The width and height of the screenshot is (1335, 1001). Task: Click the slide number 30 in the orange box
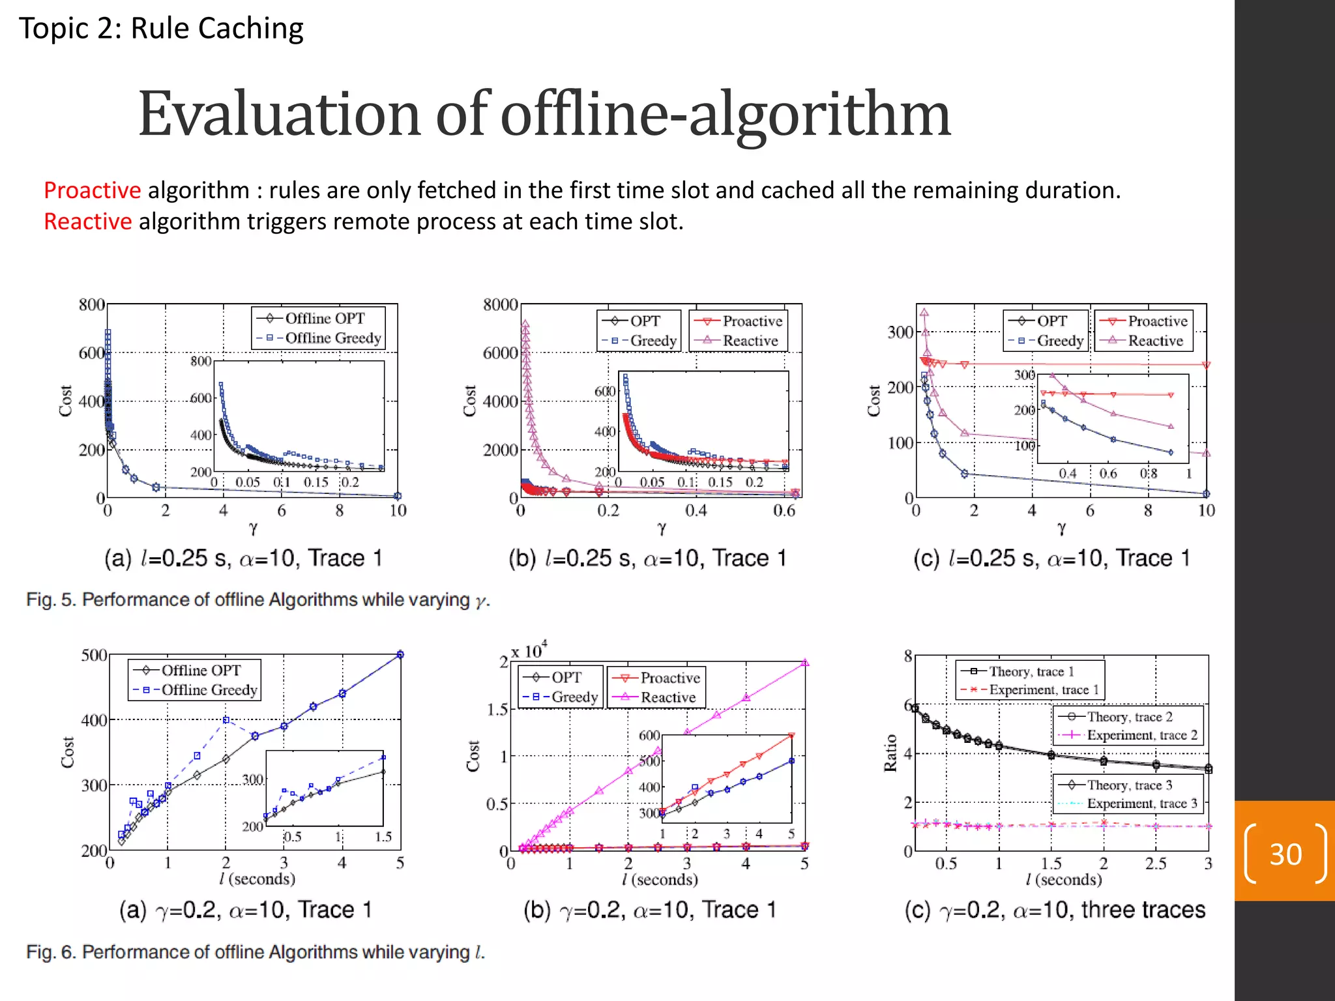coord(1285,854)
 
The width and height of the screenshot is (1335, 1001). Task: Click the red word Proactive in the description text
coord(92,190)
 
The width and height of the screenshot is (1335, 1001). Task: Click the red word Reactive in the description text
coord(87,222)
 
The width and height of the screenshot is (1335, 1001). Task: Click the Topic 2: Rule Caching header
coord(161,29)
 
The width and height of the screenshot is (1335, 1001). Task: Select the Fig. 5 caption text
coord(257,600)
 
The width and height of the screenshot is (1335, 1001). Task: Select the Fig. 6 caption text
coord(255,952)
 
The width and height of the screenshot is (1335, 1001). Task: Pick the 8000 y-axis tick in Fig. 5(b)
coord(500,305)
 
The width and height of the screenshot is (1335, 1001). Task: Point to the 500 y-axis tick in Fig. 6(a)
coord(94,655)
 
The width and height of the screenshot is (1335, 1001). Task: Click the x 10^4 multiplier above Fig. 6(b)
coord(529,650)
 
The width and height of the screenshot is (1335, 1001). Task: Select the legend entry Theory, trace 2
coord(1129,717)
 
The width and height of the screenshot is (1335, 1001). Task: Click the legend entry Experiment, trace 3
coord(1141,804)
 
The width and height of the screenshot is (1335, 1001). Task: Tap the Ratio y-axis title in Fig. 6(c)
coord(890,753)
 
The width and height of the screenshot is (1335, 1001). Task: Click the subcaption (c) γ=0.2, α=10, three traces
coord(1055,910)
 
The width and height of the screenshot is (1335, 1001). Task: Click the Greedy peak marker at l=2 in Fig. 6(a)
coord(226,720)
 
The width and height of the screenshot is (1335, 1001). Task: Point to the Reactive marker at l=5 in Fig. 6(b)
coord(805,663)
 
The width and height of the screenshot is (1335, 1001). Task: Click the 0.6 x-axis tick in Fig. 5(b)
coord(784,510)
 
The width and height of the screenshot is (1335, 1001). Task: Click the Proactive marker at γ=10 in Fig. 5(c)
coord(1206,365)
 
